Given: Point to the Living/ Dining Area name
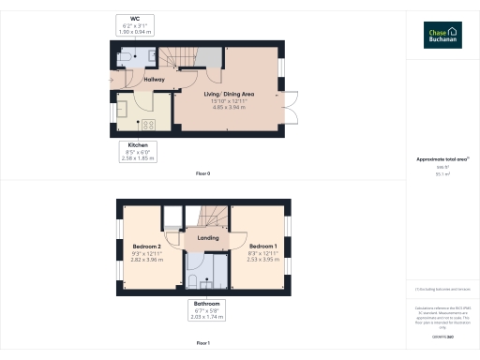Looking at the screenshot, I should [230, 95].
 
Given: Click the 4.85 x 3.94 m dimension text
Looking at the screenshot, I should [230, 108].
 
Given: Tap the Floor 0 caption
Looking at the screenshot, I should [202, 174].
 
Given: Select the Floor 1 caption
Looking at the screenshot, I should [202, 344].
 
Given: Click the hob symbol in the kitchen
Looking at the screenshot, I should [147, 125].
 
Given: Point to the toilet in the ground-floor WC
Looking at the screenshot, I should [124, 56].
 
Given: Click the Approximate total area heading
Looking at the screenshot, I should [442, 159].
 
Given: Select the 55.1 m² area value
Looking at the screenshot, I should [442, 173].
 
